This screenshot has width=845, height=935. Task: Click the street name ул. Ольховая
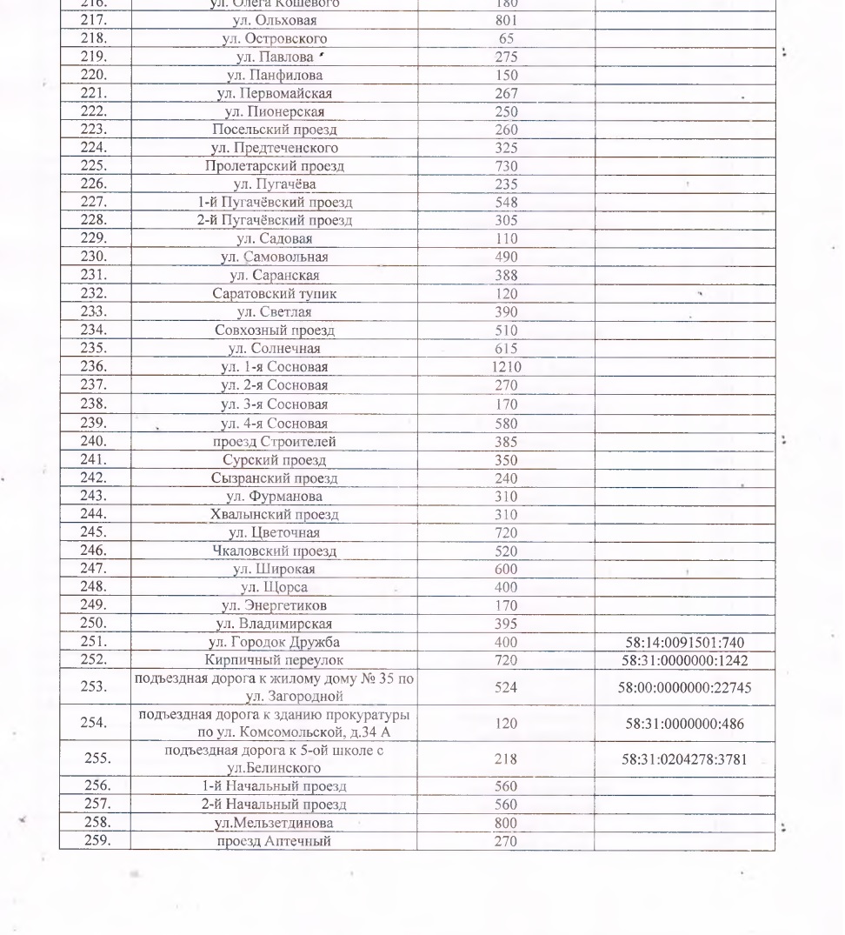coord(275,21)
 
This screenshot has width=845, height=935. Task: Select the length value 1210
coord(506,368)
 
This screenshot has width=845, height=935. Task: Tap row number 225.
coord(93,166)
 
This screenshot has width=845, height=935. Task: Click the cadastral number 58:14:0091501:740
coord(684,643)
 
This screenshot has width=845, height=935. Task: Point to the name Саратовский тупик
coord(275,294)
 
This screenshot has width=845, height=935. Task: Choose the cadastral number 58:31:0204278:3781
coord(684,759)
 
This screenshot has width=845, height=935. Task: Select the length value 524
coord(506,687)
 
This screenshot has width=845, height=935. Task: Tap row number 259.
coord(93,841)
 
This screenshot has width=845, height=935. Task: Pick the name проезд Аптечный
coord(275,841)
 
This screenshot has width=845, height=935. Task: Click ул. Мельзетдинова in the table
coord(275,823)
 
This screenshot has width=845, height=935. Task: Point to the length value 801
coord(506,21)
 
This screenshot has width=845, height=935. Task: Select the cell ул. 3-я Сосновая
coord(275,404)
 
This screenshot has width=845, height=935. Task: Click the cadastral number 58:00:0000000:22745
coord(684,687)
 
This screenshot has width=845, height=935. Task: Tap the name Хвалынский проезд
coord(275,514)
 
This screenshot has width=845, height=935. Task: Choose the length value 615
coord(506,349)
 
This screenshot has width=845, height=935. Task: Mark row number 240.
coord(93,441)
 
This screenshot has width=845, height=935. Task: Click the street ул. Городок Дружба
coord(275,643)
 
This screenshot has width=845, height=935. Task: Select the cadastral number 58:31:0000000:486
coord(684,724)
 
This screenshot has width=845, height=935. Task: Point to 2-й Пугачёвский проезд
coord(275,221)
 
